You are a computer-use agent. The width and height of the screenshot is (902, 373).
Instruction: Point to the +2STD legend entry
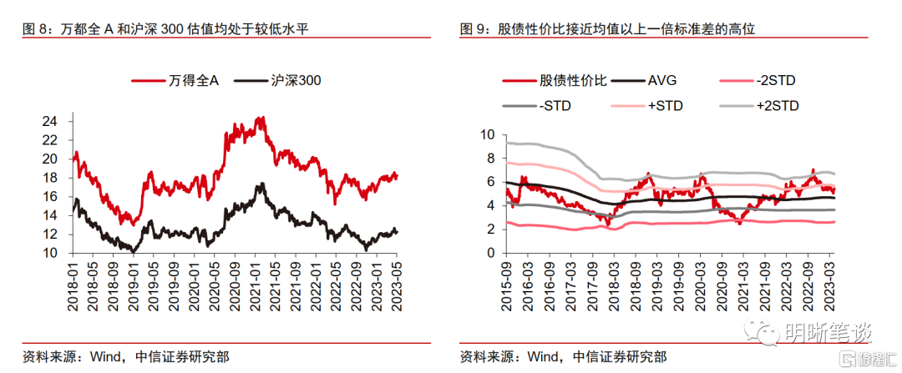tap(777, 106)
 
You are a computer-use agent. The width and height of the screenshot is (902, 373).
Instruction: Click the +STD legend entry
tap(665, 106)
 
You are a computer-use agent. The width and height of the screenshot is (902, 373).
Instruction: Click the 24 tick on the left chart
tap(49, 121)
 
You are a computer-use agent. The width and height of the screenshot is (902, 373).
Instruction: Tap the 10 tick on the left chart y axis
tap(49, 253)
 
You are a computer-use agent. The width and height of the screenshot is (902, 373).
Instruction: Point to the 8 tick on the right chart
tap(489, 158)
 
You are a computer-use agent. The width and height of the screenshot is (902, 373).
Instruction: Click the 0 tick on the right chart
tap(489, 253)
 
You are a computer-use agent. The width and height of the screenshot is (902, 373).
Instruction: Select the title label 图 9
tap(474, 29)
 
